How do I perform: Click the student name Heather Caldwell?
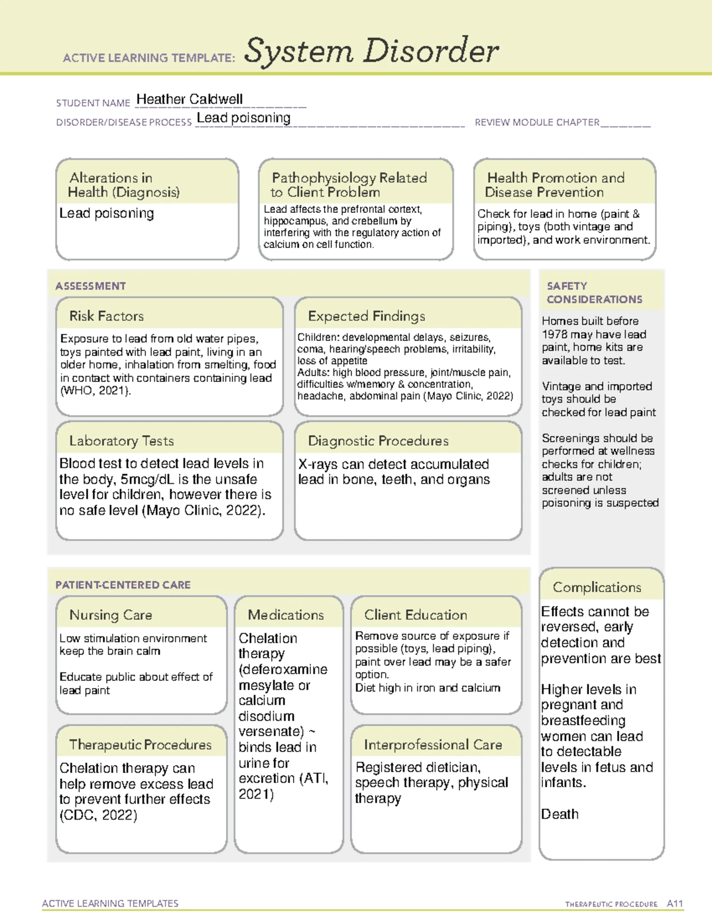pos(189,99)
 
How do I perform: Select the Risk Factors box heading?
pos(106,316)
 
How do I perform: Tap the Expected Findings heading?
pos(366,316)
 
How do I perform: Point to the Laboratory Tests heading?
pos(121,441)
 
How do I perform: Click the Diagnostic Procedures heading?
pos(378,441)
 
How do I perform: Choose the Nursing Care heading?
pos(110,615)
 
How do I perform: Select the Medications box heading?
pos(285,615)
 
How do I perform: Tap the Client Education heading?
pos(415,615)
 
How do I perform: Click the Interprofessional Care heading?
pos(433,744)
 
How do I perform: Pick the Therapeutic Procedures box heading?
pos(140,744)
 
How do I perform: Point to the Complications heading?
pos(596,587)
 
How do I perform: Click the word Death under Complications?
pos(560,814)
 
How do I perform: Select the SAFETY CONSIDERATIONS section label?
pos(594,292)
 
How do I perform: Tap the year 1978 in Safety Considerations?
pos(554,334)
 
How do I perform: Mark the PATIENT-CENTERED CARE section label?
pos(123,585)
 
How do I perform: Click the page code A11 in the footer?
pos(675,903)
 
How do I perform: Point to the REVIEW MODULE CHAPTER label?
pos(536,122)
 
